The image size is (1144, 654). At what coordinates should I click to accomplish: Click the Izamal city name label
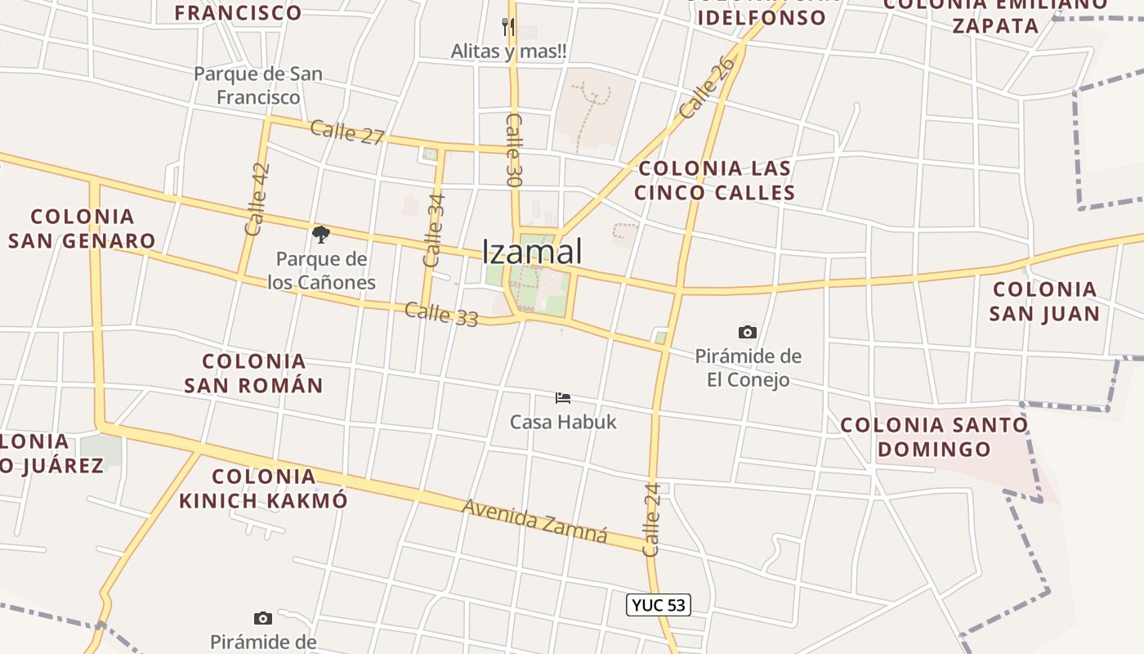point(532,252)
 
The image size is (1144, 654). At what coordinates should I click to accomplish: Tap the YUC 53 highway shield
point(658,605)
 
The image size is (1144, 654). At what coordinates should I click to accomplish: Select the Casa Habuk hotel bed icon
point(562,398)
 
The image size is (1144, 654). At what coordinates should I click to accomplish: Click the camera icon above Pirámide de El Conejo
point(747,332)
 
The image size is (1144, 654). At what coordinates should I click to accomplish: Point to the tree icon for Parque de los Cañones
point(321,235)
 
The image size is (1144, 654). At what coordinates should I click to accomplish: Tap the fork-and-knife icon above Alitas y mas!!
point(508,26)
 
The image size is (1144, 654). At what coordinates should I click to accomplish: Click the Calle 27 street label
point(347,132)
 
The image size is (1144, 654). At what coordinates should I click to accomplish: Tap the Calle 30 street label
point(514,142)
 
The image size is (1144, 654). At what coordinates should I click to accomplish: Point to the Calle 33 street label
point(441,314)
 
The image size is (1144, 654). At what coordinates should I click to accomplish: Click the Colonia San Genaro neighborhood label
point(82,229)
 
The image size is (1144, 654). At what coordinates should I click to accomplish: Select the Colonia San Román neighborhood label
point(253,373)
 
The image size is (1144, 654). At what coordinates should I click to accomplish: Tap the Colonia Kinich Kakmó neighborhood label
point(263,488)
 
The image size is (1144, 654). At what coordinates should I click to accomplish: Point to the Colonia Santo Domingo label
point(934,437)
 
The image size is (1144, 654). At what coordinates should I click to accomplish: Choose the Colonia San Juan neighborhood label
point(1044,301)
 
